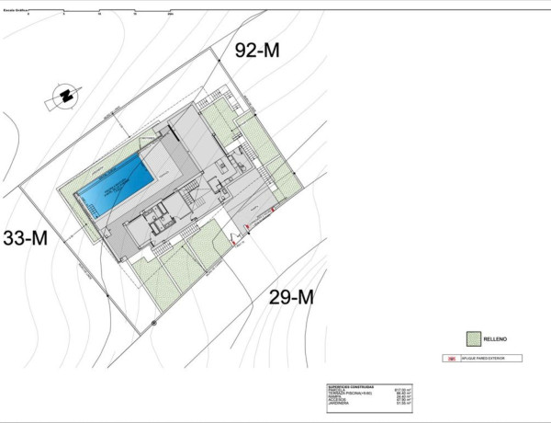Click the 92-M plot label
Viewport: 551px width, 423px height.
(257, 51)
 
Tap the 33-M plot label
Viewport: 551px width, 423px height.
(26, 238)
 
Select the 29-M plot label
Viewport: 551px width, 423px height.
(291, 296)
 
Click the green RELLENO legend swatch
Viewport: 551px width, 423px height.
(473, 338)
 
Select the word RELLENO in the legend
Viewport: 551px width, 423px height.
(496, 338)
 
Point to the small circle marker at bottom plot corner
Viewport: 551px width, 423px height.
(154, 324)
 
